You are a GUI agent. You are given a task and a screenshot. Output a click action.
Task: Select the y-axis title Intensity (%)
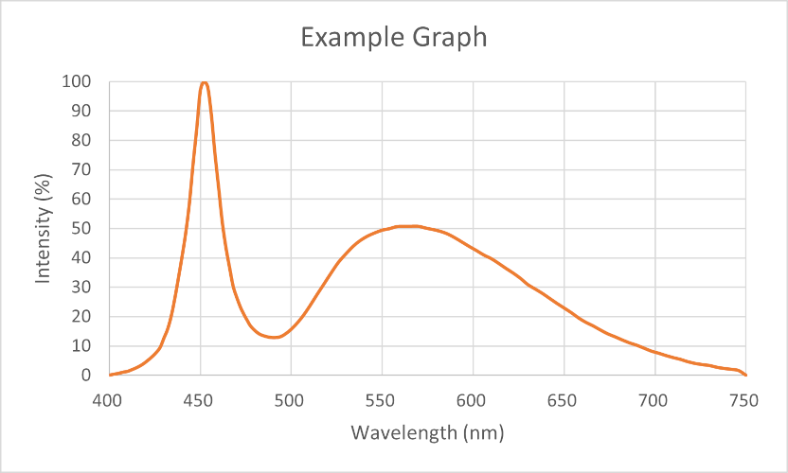tap(43, 229)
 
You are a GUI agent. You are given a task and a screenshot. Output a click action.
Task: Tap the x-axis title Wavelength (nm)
tap(426, 433)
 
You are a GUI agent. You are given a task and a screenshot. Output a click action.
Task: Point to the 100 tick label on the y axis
tap(78, 81)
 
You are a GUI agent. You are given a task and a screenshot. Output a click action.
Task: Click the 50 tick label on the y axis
tap(82, 229)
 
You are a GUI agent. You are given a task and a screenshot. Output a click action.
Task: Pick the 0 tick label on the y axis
tap(86, 376)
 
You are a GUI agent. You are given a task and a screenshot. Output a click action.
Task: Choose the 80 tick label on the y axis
tap(82, 140)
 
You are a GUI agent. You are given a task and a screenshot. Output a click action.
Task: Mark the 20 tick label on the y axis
tap(82, 317)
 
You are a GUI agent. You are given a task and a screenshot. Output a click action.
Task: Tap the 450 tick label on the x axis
tap(199, 400)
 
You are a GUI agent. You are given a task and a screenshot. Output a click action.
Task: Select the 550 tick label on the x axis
tap(382, 400)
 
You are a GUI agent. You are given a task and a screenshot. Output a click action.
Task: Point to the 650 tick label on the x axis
tap(564, 400)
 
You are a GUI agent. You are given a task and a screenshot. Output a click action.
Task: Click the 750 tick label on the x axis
tap(745, 400)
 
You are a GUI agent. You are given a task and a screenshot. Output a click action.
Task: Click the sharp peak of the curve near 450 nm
tap(204, 82)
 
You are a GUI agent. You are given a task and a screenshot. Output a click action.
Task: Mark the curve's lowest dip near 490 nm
tap(274, 338)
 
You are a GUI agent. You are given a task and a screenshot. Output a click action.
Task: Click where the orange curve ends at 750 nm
tap(745, 375)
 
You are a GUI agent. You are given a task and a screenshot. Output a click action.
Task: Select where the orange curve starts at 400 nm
tap(109, 375)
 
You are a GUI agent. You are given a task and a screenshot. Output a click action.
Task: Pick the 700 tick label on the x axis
tap(654, 400)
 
